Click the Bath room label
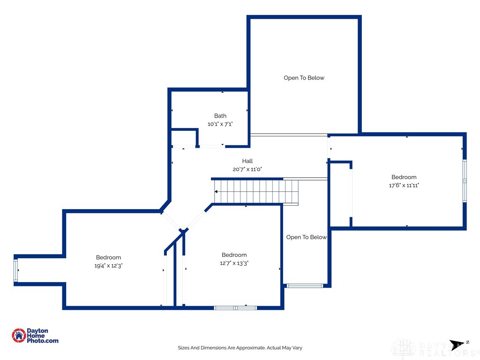tap(220, 116)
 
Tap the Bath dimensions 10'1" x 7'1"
tap(220, 124)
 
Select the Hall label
tap(247, 161)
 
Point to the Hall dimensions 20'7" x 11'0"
tap(247, 169)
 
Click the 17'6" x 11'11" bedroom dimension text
tap(404, 185)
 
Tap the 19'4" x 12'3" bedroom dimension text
tap(108, 265)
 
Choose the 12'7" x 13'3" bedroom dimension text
tap(234, 263)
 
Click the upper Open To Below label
tap(304, 78)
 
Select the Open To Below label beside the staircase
tap(306, 237)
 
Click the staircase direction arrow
tap(217, 192)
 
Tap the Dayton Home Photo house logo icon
tap(19, 335)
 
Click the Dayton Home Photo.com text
tap(43, 336)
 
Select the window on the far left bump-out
tap(16, 271)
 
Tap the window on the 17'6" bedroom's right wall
tap(465, 181)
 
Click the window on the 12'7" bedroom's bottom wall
tap(235, 307)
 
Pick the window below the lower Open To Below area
tap(305, 285)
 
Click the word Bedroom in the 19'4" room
tap(108, 257)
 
